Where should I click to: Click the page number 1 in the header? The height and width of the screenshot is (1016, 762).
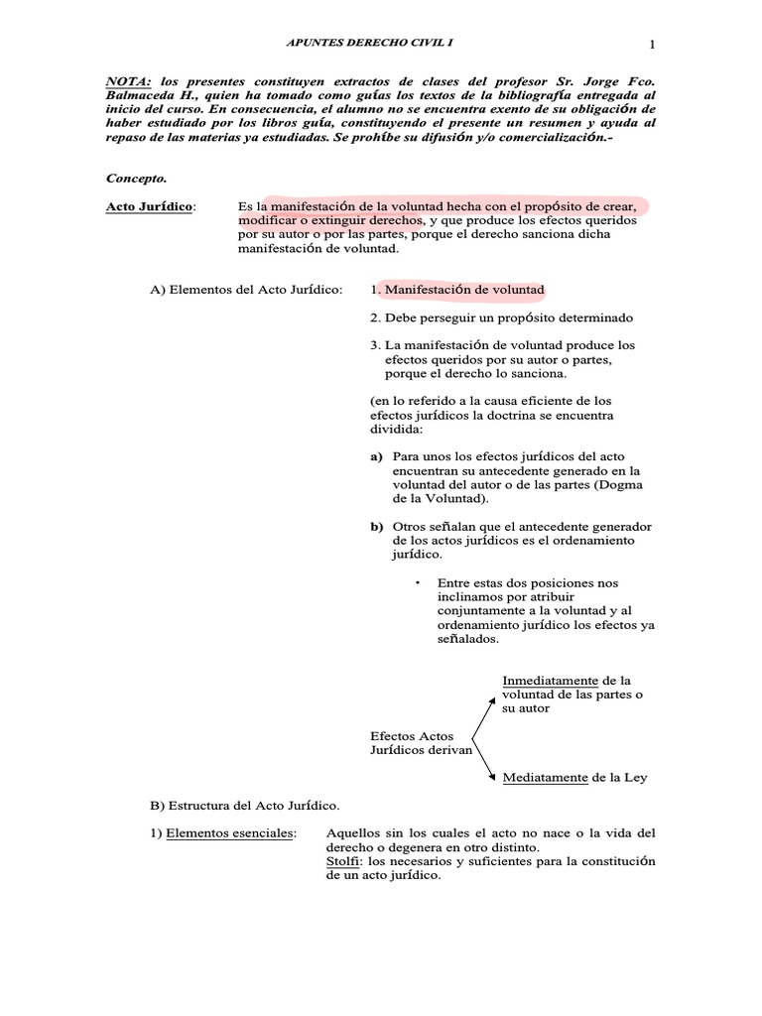tap(653, 43)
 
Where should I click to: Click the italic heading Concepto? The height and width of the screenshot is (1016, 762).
tap(136, 179)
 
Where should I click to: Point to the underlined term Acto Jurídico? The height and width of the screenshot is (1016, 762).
tap(151, 206)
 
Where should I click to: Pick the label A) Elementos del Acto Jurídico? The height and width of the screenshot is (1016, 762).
tap(246, 290)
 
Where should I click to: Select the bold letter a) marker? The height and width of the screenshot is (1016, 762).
tap(377, 456)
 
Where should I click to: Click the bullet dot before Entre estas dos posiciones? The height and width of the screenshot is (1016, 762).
tap(420, 580)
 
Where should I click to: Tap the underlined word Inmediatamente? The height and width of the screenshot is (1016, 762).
tap(550, 681)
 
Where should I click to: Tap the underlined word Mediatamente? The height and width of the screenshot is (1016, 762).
tap(545, 777)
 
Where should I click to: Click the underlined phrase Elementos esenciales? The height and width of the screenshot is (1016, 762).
tap(229, 832)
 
